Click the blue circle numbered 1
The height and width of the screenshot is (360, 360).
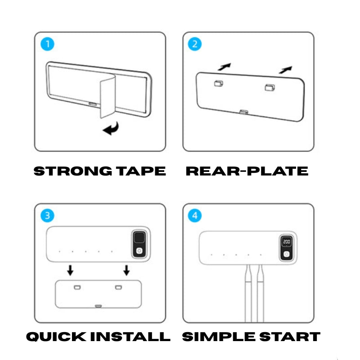click(x=47, y=44)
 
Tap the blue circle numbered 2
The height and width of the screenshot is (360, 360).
click(x=195, y=44)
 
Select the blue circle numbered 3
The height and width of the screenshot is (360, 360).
click(x=47, y=216)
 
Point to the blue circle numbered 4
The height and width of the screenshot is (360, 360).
click(x=195, y=216)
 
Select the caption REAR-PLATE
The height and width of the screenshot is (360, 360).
click(x=247, y=171)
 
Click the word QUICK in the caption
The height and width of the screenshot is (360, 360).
click(x=56, y=337)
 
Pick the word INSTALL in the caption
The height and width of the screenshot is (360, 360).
click(x=130, y=337)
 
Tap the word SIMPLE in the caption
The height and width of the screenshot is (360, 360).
click(x=219, y=337)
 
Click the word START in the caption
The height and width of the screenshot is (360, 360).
click(x=290, y=337)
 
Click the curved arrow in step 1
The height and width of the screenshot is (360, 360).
click(x=111, y=129)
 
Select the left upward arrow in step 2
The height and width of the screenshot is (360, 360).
click(x=224, y=67)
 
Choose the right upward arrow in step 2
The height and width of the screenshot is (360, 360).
click(x=286, y=70)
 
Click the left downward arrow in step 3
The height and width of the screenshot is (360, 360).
click(x=70, y=270)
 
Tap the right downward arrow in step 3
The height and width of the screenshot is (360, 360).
click(x=126, y=270)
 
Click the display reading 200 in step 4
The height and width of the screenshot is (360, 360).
click(x=287, y=242)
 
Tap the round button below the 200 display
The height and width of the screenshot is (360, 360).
click(x=286, y=254)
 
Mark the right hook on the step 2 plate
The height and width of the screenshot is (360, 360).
click(x=270, y=87)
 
